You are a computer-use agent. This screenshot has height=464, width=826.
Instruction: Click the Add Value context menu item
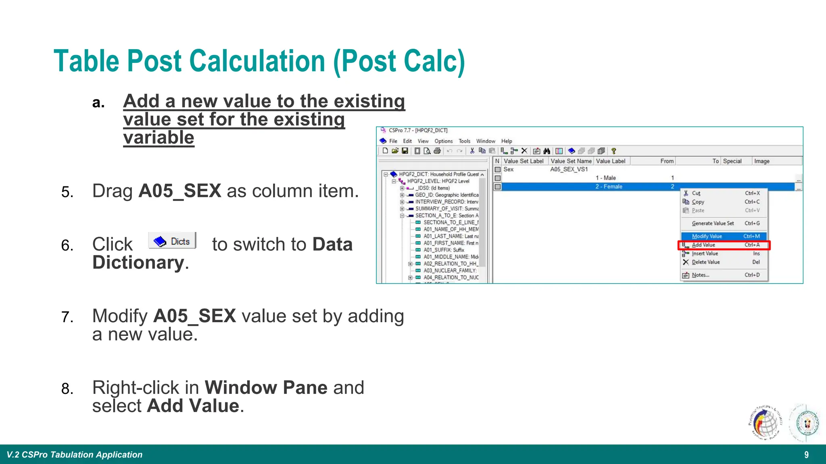tap(703, 245)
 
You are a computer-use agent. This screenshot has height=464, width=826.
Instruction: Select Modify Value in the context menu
tap(707, 236)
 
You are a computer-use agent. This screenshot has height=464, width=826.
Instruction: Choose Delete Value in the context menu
tap(705, 262)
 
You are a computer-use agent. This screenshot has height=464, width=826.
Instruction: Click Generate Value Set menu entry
tap(713, 224)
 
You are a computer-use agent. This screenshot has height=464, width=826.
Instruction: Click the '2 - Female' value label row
tap(609, 186)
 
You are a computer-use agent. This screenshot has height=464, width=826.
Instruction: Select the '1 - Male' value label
tap(605, 178)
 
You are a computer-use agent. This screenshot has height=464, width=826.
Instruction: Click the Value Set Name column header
tap(571, 161)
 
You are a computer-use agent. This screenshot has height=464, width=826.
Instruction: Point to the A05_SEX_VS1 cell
tap(569, 170)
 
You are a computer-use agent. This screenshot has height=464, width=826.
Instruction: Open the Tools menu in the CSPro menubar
tap(464, 141)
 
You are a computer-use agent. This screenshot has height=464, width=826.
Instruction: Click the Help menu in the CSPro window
tap(507, 141)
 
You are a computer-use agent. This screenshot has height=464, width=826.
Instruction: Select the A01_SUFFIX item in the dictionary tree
tap(443, 250)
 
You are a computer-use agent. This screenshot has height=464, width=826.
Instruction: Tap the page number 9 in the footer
tap(806, 455)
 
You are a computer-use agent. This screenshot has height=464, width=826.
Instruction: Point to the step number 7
tap(67, 317)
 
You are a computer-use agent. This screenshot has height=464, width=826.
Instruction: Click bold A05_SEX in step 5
tap(179, 191)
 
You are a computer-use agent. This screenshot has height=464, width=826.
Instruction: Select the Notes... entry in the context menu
tap(700, 275)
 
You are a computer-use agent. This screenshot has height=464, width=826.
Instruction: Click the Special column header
tap(732, 161)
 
